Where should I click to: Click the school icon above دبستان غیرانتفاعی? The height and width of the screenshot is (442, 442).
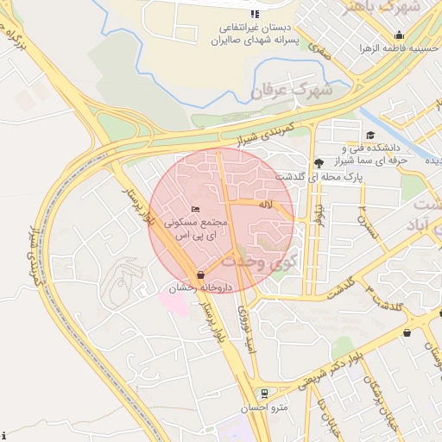pos(254,14)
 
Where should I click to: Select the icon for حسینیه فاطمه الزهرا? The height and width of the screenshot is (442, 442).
pos(399,35)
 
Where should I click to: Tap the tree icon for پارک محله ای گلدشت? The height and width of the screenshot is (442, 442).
pos(319,162)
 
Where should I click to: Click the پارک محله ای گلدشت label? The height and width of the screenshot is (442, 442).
pos(319,175)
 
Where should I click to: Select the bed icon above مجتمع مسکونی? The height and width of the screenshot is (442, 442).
pos(196,210)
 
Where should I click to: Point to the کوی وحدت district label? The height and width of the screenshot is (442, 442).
pos(260,259)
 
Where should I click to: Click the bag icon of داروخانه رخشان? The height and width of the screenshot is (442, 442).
pos(200,274)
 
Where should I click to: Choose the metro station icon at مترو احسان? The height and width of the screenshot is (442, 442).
pos(264,393)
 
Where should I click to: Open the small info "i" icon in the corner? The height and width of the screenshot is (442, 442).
pos(4,435)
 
